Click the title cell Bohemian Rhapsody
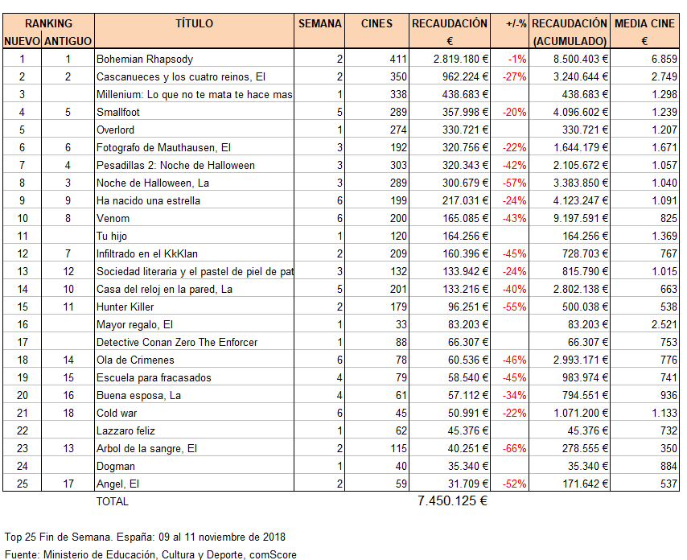145,59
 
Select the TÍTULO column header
195,24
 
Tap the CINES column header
376,24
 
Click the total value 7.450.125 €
453,500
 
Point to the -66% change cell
514,448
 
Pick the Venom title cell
113,218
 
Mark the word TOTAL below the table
112,501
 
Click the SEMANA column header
319,24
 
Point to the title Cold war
117,413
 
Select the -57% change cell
514,183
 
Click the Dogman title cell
116,466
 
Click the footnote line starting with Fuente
150,554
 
